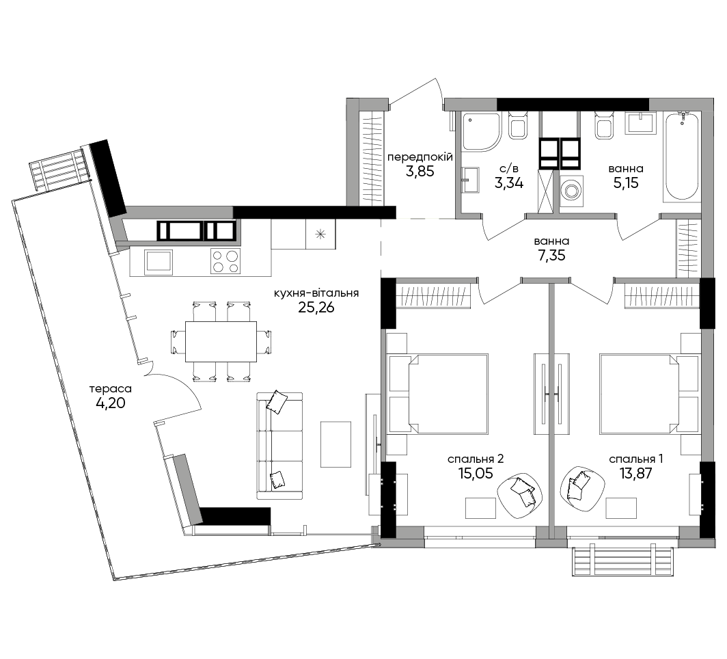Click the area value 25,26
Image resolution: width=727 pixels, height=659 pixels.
[x=316, y=307]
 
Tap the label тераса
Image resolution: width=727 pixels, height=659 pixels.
[x=111, y=388]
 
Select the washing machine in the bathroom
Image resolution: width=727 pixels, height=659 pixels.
[x=572, y=191]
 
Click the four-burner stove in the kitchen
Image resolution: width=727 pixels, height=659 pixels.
[x=225, y=262]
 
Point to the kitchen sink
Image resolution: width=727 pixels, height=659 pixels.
[x=159, y=263]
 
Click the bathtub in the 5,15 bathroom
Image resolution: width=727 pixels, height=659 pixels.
[x=681, y=157]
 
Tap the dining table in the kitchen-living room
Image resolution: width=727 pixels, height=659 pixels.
[x=221, y=342]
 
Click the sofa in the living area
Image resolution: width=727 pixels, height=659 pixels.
[x=279, y=446]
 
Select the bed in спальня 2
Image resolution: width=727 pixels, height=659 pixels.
[x=438, y=394]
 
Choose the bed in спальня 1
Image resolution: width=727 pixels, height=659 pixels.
[x=650, y=394]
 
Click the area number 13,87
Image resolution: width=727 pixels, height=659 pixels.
[x=635, y=474]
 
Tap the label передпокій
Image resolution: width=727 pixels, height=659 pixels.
[x=420, y=157]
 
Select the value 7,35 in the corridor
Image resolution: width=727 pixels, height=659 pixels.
[x=552, y=256]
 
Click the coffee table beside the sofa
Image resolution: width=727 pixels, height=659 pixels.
[x=336, y=444]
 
